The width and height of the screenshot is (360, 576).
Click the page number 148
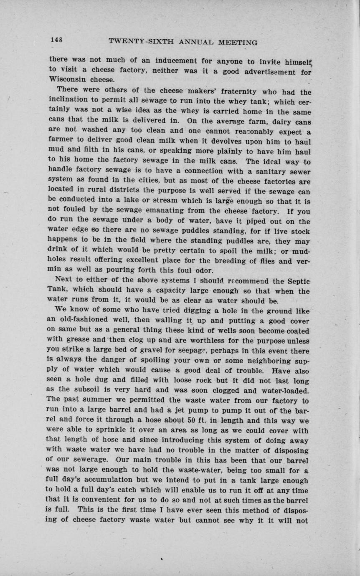tap(56, 40)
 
